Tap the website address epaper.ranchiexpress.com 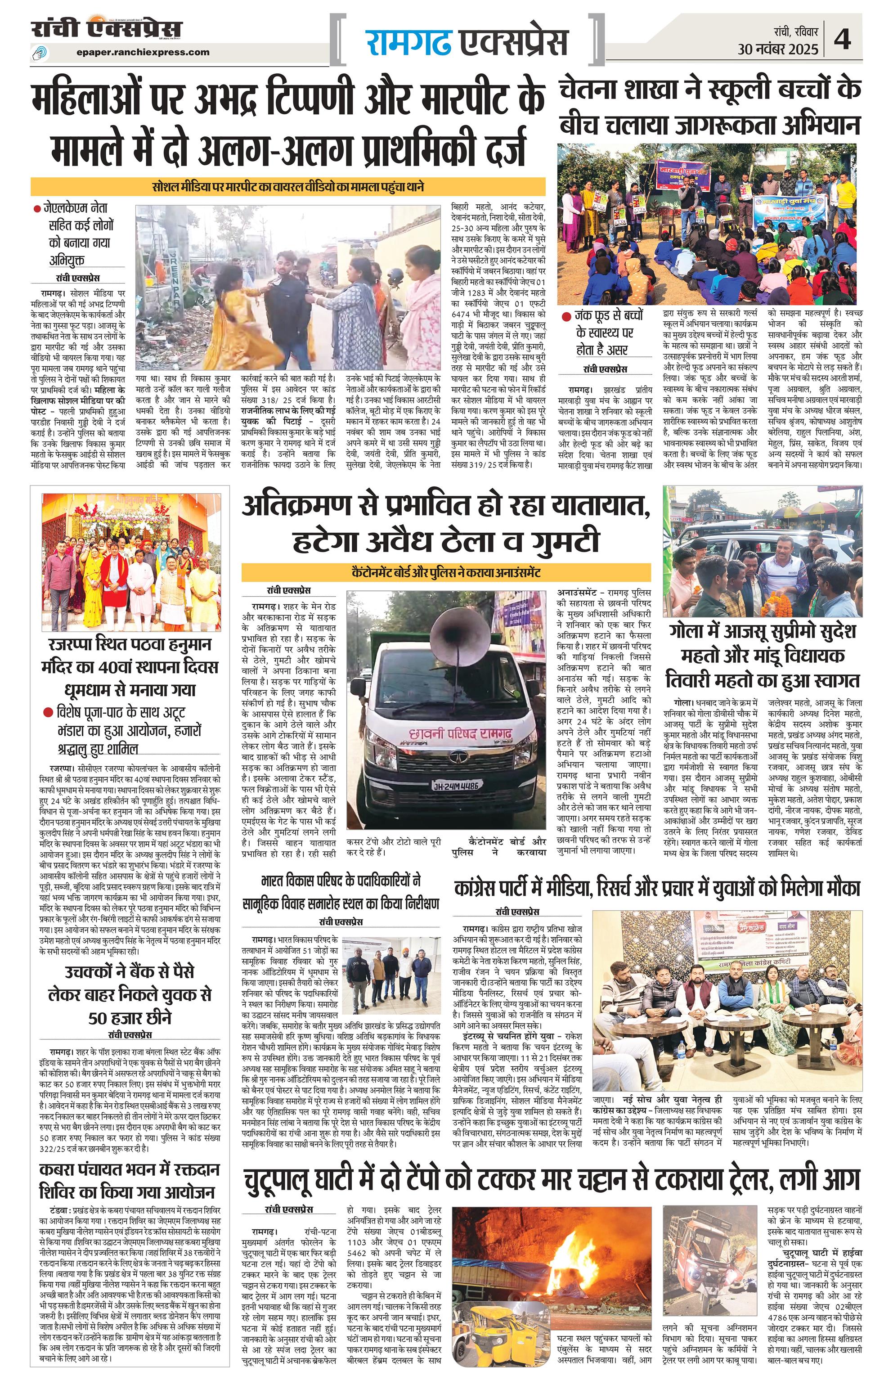click(143, 52)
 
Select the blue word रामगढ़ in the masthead click(408, 42)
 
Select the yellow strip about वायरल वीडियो click(288, 187)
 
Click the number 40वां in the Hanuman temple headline click(137, 666)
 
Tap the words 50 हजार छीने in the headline click(130, 1018)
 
